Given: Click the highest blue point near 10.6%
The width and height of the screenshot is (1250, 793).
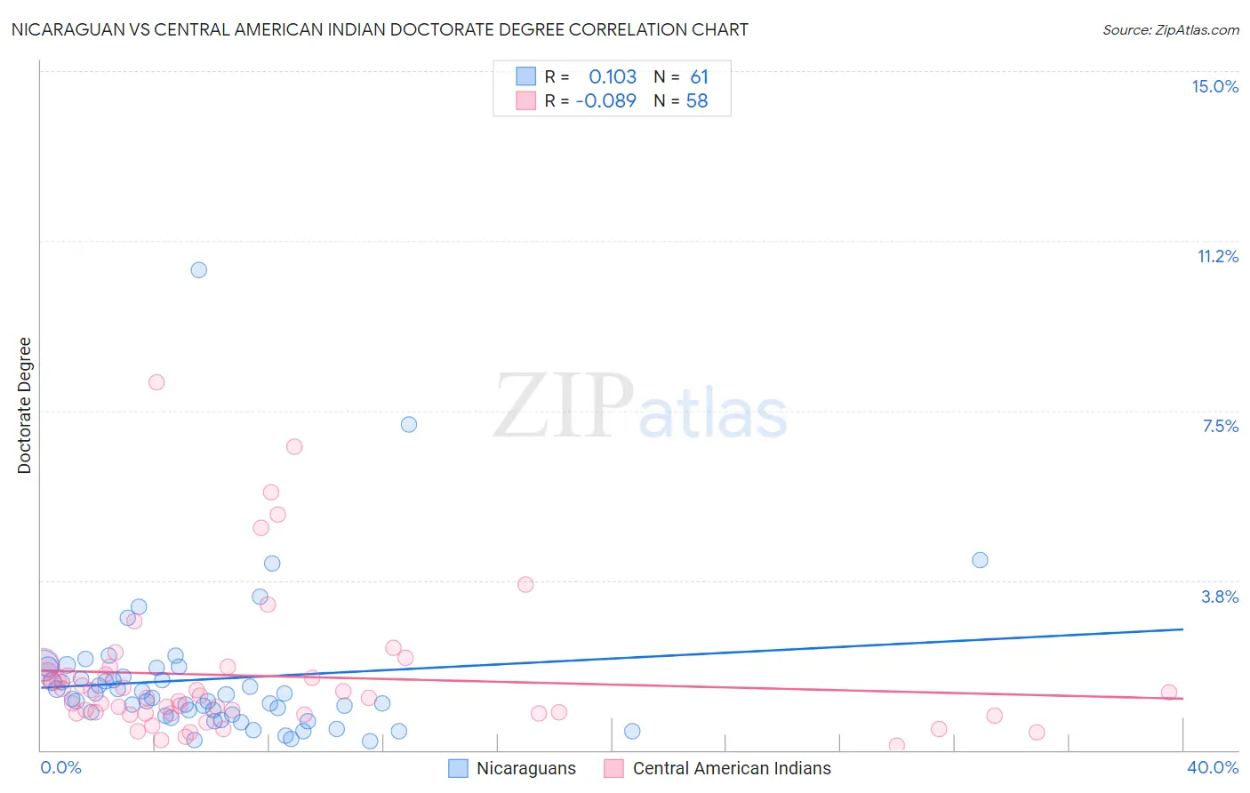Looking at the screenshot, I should (199, 270).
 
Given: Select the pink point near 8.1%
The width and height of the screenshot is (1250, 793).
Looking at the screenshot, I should (156, 382).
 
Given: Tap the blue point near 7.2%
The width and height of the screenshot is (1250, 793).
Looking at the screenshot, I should (409, 425).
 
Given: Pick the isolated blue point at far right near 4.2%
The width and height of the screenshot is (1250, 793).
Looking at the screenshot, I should (980, 560).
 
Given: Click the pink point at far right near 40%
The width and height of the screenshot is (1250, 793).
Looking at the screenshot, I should (1169, 693).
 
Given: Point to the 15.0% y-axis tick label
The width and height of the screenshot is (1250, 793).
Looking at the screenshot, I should (1214, 86).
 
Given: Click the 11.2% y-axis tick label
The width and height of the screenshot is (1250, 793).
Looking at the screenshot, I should (1217, 257).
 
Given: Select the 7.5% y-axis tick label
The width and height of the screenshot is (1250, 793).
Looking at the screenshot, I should (1220, 427).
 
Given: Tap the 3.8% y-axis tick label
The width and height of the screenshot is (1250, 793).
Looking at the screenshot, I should (1220, 597).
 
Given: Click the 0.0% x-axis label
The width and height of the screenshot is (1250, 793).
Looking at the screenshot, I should (61, 768).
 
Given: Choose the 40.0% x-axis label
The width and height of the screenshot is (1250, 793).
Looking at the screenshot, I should (1212, 768).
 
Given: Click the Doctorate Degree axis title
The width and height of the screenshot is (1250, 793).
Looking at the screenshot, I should (25, 405).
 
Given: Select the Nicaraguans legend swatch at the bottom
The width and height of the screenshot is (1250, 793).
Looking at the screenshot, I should (458, 769).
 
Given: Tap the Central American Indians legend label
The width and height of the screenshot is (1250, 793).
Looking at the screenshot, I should (732, 769).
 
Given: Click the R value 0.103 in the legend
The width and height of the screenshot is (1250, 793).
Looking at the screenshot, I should (613, 77).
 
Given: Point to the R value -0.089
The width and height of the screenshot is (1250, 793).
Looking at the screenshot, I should (606, 101).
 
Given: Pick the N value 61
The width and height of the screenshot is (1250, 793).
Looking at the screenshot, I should (699, 77).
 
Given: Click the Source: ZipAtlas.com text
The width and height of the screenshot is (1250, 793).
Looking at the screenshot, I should (1170, 30).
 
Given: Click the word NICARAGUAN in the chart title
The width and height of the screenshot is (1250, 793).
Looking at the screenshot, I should (62, 30).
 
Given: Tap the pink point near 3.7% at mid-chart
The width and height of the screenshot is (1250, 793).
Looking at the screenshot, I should (525, 585).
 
